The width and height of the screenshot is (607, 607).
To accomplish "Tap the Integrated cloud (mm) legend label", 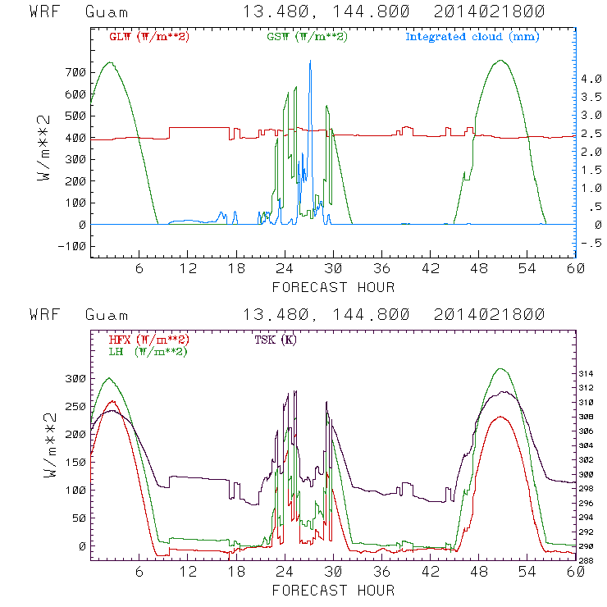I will [472, 37].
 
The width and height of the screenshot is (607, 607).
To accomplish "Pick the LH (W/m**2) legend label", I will [148, 351].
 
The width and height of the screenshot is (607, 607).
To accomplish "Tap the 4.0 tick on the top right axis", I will [590, 79].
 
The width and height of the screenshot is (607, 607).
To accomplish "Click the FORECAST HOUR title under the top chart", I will [333, 287].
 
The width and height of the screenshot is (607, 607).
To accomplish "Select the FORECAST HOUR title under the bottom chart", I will [333, 591].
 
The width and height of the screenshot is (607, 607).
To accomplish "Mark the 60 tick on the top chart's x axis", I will [574, 268].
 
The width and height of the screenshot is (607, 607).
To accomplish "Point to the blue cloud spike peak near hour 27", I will [310, 61].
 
